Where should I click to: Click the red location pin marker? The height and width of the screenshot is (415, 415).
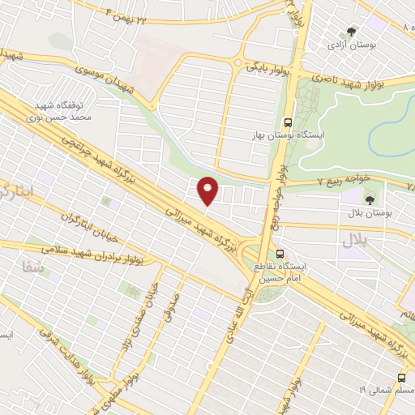pos(209,190)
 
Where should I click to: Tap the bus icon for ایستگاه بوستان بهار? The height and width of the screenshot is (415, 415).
pos(288,122)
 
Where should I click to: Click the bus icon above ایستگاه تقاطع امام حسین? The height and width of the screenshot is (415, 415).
pos(280,254)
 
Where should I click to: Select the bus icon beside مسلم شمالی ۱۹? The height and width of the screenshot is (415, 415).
pos(402,379)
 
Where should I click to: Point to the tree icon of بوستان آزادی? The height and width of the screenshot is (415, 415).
pos(351,32)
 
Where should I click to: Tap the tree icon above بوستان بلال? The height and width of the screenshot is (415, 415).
pos(370,199)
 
